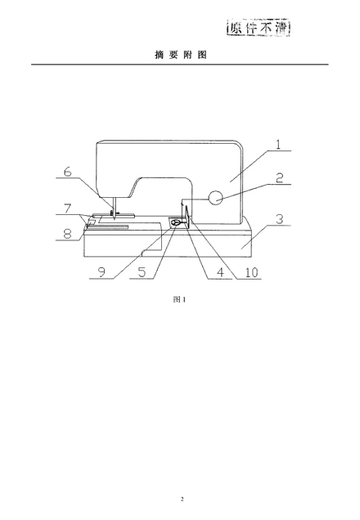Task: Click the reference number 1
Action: [x=278, y=144]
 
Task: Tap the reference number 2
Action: [x=279, y=177]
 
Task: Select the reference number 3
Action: [x=280, y=219]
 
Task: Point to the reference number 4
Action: [x=220, y=272]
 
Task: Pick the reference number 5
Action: [x=142, y=272]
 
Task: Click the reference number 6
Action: [x=67, y=172]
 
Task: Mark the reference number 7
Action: [x=67, y=208]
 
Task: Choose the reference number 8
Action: [x=67, y=234]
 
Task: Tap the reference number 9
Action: [x=101, y=272]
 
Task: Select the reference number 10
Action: [x=251, y=272]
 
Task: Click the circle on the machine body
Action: [x=215, y=198]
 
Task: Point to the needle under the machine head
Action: [x=115, y=208]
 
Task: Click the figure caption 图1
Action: [x=179, y=299]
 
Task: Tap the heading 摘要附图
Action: [x=181, y=55]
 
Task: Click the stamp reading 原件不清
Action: [x=259, y=28]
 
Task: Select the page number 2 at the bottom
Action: [x=182, y=499]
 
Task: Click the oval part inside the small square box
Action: [x=176, y=222]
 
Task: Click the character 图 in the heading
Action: [x=202, y=55]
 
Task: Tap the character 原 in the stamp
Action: [x=236, y=28]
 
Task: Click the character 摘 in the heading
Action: [x=160, y=55]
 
